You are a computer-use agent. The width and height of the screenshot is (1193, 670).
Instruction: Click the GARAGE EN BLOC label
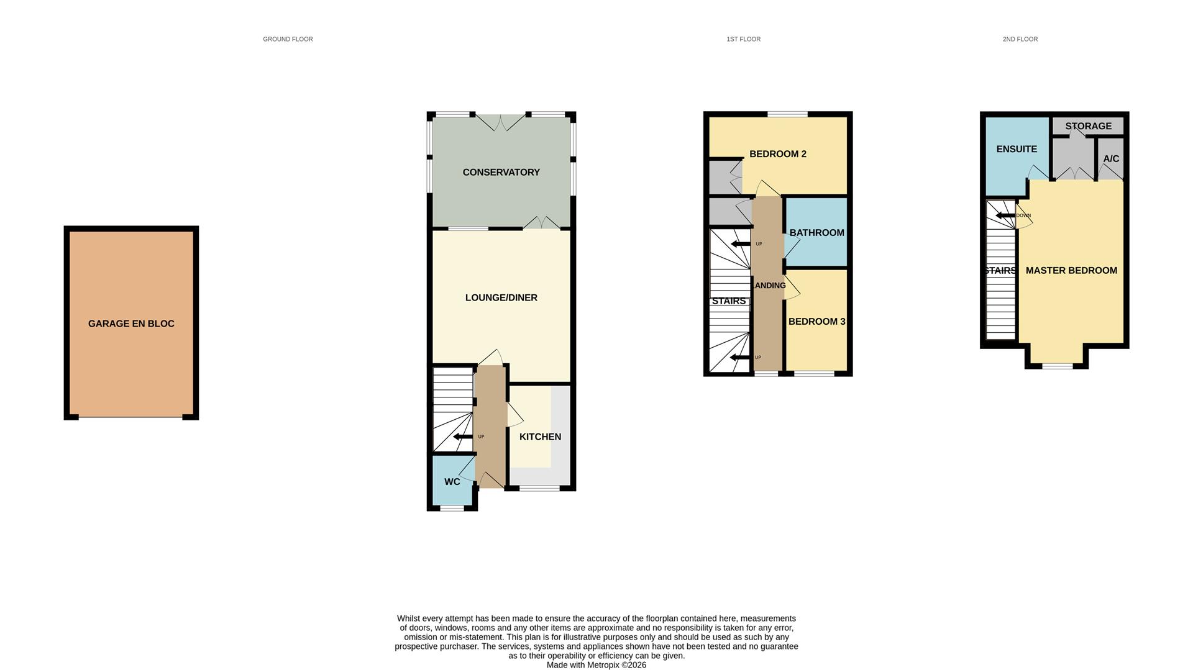131,324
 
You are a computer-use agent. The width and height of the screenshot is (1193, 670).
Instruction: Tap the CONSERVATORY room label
501,172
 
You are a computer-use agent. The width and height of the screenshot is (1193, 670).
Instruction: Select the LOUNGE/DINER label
501,297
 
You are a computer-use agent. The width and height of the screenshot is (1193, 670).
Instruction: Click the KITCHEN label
540,437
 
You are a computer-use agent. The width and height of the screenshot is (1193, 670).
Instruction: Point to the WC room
452,482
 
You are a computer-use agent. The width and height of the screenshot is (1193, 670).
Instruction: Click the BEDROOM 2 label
777,154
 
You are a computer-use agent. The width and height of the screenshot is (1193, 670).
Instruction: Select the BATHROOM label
816,233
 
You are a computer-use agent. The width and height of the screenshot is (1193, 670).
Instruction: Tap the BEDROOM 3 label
816,322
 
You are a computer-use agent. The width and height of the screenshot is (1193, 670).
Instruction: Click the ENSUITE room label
1017,149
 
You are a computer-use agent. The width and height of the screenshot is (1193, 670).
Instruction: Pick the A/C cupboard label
1111,159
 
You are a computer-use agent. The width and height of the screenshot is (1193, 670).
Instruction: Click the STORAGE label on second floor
1088,126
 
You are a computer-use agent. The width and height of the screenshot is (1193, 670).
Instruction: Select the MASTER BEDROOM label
1071,271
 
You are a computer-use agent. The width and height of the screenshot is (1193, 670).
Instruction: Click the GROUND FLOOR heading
288,39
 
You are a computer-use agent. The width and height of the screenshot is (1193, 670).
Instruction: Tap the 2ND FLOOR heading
1020,39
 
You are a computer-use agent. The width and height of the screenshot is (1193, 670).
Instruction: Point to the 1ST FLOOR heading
743,39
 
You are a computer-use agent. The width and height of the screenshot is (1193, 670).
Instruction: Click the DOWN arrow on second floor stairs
1005,216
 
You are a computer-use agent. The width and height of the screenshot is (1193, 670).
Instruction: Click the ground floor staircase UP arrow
463,437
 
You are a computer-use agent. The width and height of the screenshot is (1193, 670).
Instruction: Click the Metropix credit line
596,665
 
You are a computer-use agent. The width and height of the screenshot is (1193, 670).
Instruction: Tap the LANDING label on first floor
769,286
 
